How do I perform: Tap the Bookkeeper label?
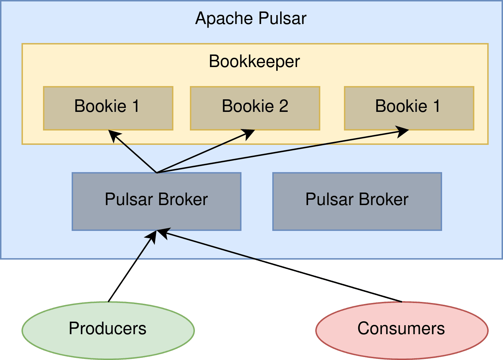click(x=254, y=61)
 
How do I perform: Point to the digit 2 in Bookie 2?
click(x=283, y=106)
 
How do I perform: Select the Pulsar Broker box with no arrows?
click(x=357, y=212)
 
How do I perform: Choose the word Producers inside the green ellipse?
click(x=107, y=328)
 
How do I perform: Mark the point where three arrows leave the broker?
click(x=157, y=173)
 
